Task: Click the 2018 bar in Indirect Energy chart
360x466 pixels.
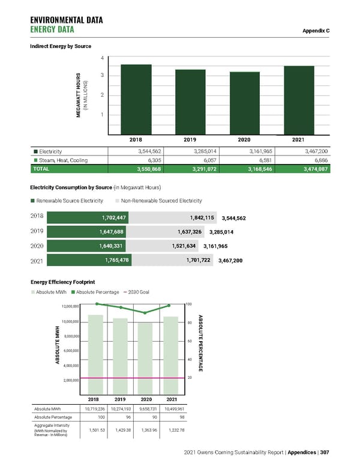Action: coord(136,99)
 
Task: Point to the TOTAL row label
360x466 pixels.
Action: coord(43,170)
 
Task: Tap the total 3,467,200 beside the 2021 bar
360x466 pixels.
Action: coord(230,261)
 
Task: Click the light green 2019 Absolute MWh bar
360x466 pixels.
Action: coord(120,355)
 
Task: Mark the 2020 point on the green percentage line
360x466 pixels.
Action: coord(145,313)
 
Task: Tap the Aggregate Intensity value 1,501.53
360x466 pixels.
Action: coord(96,430)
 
